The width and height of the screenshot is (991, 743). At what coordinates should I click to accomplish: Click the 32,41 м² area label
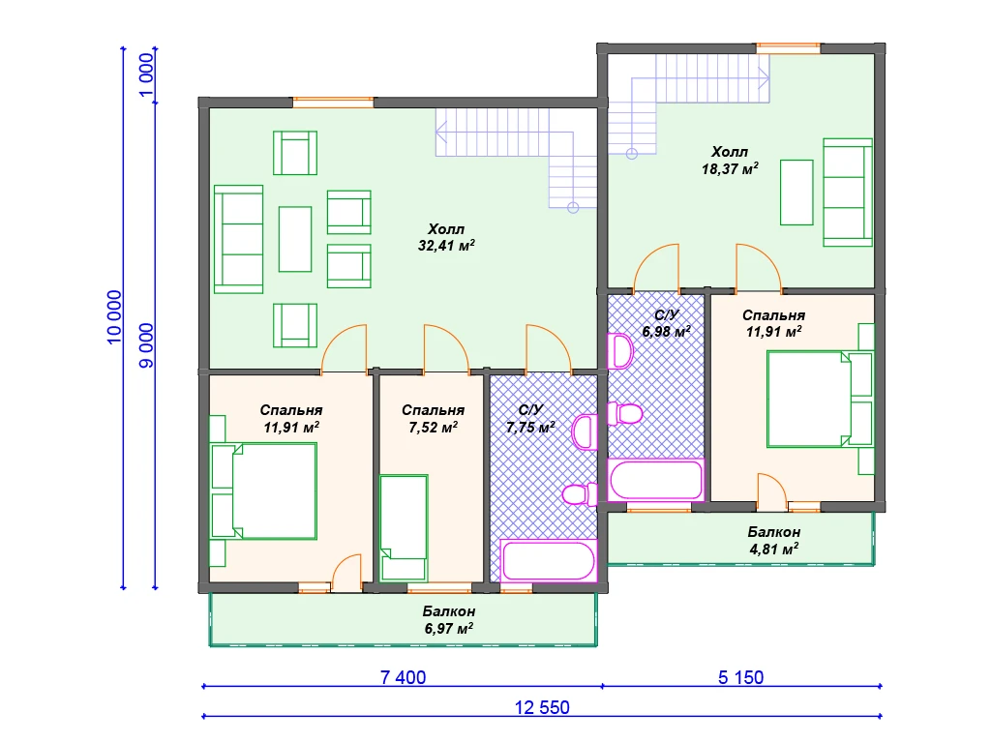[x=446, y=246]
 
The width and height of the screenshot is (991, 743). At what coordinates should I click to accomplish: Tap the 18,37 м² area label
[x=730, y=168]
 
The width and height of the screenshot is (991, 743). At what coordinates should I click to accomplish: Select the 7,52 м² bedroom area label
[x=433, y=428]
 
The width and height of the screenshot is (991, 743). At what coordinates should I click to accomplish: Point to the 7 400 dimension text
[x=404, y=677]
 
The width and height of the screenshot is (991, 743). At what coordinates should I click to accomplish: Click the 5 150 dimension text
[x=740, y=677]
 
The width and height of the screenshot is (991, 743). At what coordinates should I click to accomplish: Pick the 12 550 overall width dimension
[x=542, y=707]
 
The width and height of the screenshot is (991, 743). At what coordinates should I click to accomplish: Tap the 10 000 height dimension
[x=114, y=317]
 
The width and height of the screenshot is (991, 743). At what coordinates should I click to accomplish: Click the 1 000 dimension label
[x=146, y=75]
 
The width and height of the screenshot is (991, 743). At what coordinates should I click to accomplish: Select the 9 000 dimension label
[x=146, y=345]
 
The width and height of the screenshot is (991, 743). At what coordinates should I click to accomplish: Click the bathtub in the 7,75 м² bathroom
[x=549, y=560]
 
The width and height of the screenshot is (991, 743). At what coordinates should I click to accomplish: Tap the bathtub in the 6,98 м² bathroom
[x=656, y=480]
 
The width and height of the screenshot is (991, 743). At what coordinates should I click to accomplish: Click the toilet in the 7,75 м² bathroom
[x=580, y=494]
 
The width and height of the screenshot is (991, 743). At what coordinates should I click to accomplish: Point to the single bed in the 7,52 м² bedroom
[x=404, y=527]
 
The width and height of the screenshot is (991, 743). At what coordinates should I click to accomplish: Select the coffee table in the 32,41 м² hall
[x=295, y=240]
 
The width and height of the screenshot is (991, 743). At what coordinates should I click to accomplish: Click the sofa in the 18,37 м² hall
[x=848, y=193]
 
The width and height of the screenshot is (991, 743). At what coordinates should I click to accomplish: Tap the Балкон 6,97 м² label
[x=449, y=620]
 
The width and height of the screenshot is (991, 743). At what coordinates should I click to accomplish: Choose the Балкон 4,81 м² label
[x=774, y=541]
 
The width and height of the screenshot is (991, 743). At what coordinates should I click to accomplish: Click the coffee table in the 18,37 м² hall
[x=796, y=193]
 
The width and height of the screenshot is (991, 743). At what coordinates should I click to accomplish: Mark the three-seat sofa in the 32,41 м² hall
[x=238, y=240]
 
